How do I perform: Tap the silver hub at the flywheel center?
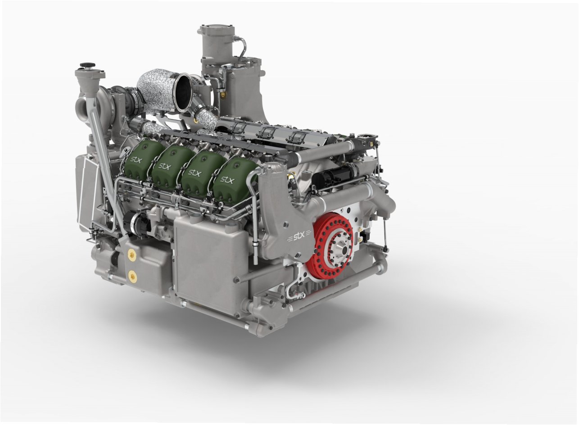click(x=343, y=250)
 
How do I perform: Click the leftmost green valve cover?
click(x=140, y=160)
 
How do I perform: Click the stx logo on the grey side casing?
click(x=297, y=237)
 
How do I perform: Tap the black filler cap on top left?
click(x=87, y=64)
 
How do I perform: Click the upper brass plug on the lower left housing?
click(x=131, y=254)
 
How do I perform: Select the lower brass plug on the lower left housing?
click(x=132, y=275)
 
